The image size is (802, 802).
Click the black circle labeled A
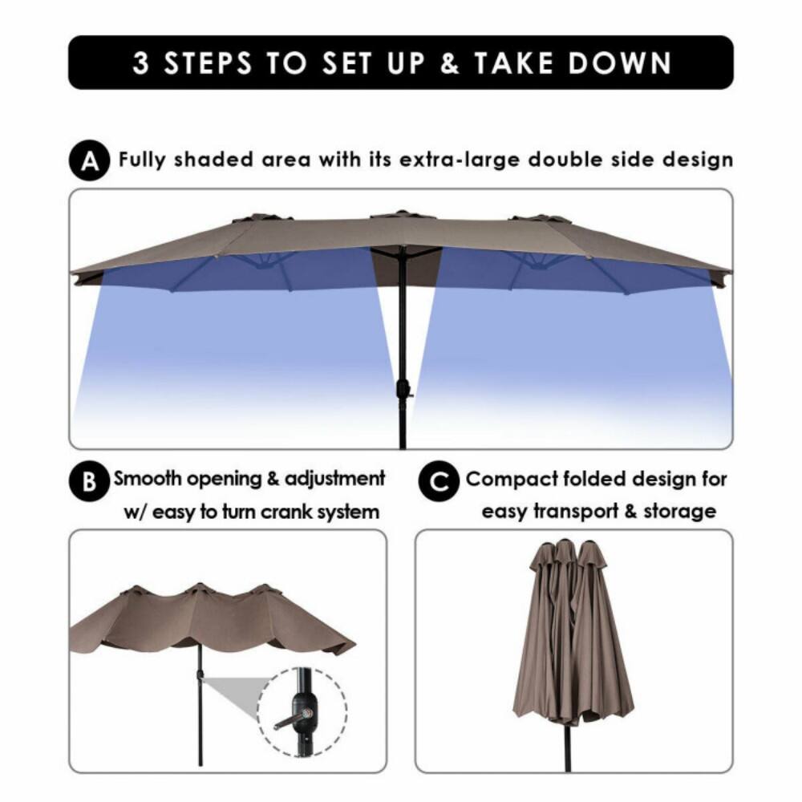91,161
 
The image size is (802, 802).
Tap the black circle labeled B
89,483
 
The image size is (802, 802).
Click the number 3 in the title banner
140,63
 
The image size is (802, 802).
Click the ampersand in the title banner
451,63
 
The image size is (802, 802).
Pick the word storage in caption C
680,512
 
